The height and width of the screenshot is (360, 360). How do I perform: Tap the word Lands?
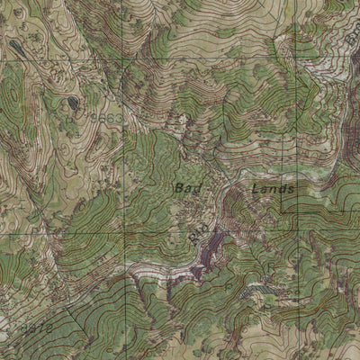click(x=273, y=190)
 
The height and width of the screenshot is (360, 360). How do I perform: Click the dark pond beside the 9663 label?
click(x=71, y=103)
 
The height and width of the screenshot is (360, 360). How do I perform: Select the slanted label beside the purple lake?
click(x=197, y=231)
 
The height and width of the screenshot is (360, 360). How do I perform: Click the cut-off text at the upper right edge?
click(x=352, y=36)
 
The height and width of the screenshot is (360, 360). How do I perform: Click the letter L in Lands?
click(x=256, y=190)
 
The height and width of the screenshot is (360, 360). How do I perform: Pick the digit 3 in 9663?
click(x=118, y=118)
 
